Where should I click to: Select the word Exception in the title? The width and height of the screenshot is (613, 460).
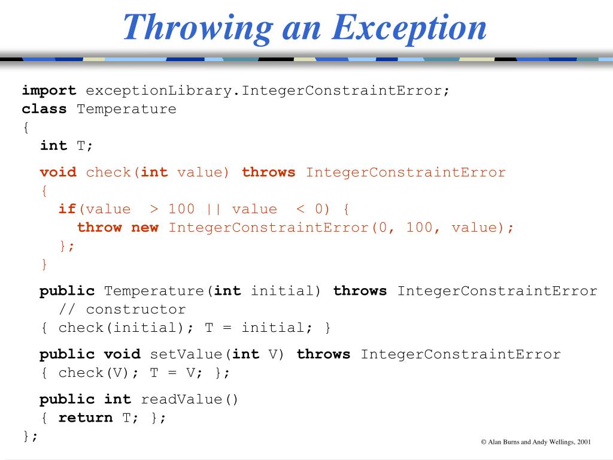410,27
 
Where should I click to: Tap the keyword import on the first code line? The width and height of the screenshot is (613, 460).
49,90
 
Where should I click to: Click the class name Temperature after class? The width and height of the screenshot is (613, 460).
126,109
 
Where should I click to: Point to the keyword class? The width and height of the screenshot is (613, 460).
44,109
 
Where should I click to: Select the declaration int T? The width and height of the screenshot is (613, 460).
67,146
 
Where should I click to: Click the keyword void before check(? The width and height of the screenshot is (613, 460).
58,172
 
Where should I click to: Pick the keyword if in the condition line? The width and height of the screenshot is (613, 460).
67,209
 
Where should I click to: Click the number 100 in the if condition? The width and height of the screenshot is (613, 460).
181,209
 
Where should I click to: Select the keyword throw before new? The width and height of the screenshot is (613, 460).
99,228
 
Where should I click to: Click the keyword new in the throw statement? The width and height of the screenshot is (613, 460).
145,228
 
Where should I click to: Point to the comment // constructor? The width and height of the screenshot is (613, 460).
122,310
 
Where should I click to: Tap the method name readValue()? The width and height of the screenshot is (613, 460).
190,400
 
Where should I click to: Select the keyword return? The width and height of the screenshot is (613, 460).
86,418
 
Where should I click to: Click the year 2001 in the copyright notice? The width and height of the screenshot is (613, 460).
584,442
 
